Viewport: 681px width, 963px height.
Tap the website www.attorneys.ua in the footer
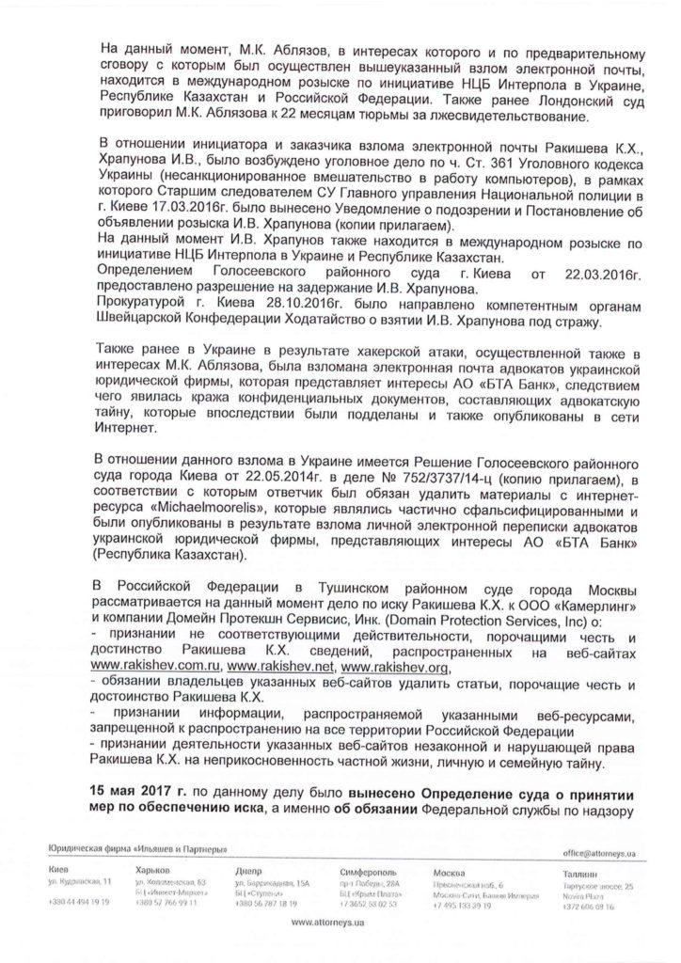click(x=340, y=924)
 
